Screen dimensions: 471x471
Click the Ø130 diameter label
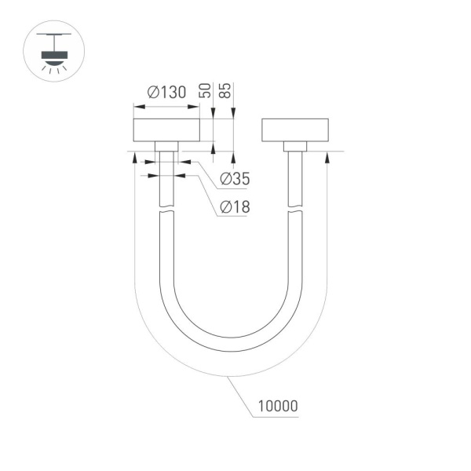(166, 93)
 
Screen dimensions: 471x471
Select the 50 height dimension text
(206, 89)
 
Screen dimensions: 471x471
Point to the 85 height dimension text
(226, 89)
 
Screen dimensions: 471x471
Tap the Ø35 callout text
(235, 180)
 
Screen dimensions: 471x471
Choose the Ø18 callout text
(235, 207)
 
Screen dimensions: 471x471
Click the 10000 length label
(276, 407)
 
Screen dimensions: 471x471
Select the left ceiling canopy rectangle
(166, 130)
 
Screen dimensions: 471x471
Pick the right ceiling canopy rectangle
(294, 130)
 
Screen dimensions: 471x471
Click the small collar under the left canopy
(166, 146)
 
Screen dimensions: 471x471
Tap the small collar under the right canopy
(294, 146)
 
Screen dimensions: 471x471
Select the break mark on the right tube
(294, 210)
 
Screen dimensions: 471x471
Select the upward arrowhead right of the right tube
(326, 157)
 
